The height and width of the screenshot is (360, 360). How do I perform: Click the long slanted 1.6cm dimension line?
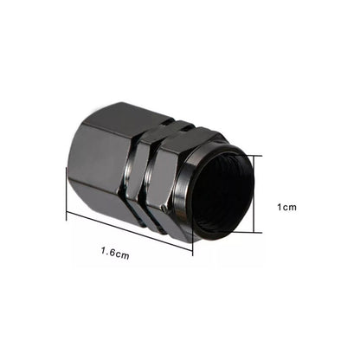(x=130, y=223)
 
